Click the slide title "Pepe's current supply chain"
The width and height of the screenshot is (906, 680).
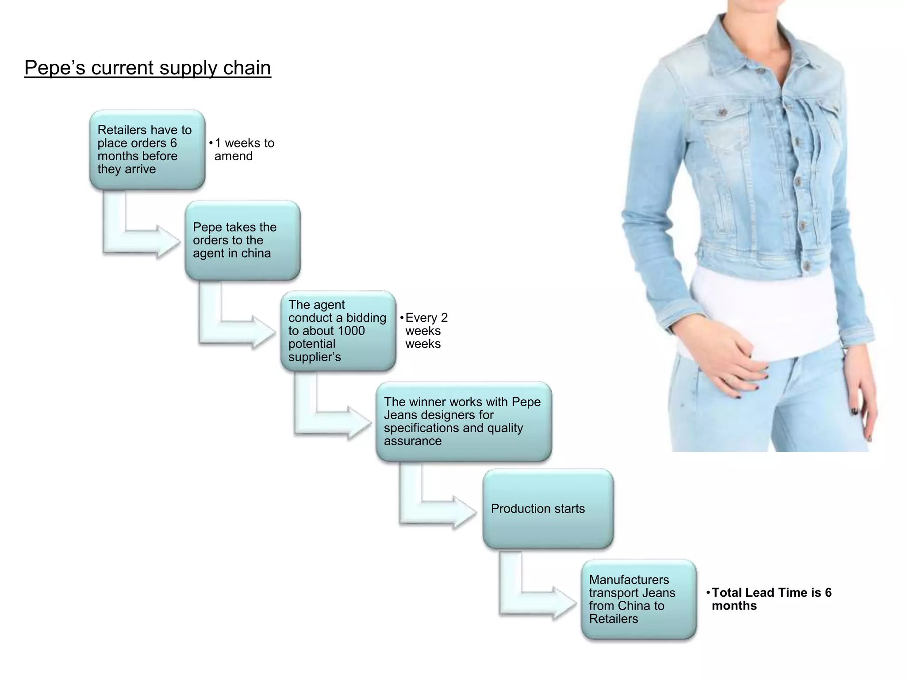coord(147,68)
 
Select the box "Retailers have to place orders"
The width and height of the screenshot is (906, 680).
coord(147,150)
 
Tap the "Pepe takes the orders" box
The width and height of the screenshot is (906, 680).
coord(242,240)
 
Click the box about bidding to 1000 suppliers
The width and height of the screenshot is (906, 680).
coord(338,331)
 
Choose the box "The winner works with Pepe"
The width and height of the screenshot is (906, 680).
coord(463,421)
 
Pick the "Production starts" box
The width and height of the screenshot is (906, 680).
coord(548,509)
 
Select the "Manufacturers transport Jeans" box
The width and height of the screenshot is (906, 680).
coord(638,599)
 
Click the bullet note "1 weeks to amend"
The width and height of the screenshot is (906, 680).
coord(243,150)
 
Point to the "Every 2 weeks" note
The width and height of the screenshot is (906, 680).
coord(425,331)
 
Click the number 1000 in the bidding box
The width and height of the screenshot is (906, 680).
coord(351,331)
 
